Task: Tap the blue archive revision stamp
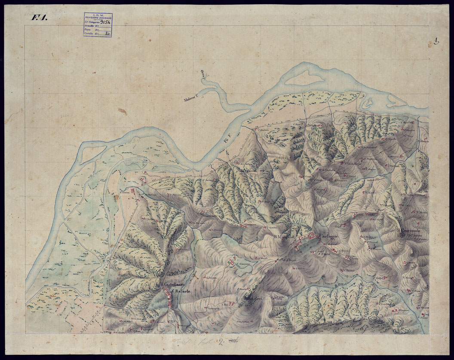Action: click(98, 24)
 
